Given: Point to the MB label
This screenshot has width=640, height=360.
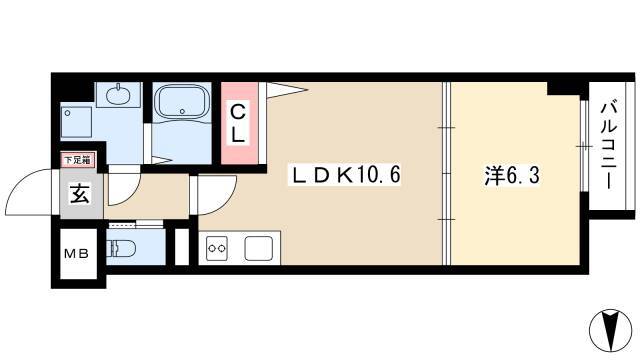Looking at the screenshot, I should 77,253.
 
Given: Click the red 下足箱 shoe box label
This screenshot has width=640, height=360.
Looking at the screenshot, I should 78,159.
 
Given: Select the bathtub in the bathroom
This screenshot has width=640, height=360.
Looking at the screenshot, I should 181,105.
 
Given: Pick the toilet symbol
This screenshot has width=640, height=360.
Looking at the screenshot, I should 121,248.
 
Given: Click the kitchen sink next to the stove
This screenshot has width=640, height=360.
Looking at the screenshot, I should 259,248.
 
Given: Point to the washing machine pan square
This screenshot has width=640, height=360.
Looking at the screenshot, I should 77,124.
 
